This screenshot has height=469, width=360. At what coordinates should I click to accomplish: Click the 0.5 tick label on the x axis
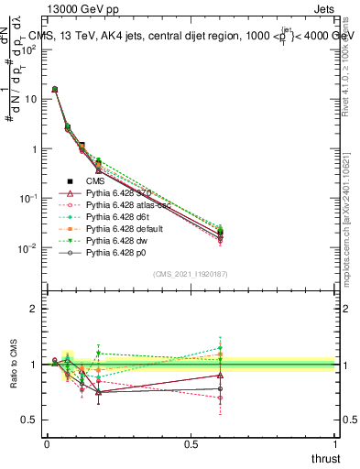(x=191, y=443)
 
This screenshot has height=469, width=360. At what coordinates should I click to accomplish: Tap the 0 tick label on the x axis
(x=47, y=443)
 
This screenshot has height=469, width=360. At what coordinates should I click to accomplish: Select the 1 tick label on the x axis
(x=336, y=443)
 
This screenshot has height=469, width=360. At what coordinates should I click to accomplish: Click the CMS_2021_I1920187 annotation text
(x=191, y=274)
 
